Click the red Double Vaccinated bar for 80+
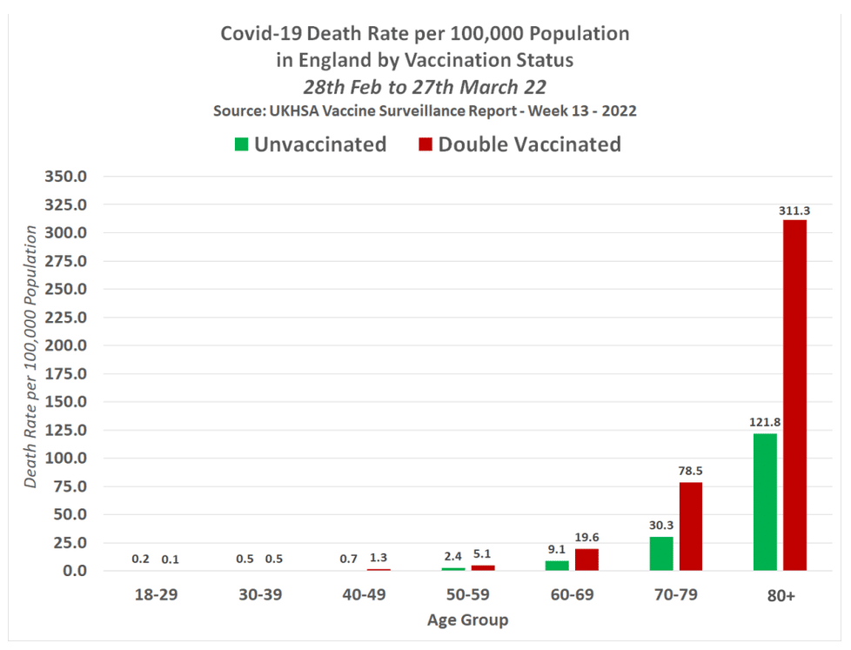(794, 396)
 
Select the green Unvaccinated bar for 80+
(765, 502)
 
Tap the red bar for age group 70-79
(690, 526)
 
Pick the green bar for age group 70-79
(661, 553)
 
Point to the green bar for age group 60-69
(557, 566)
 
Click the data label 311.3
(794, 210)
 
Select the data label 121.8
(765, 423)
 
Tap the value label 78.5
(691, 472)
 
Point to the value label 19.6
(586, 538)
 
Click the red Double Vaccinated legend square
(425, 144)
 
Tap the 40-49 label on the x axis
(364, 595)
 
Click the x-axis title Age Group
(467, 620)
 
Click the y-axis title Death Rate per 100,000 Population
(31, 357)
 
